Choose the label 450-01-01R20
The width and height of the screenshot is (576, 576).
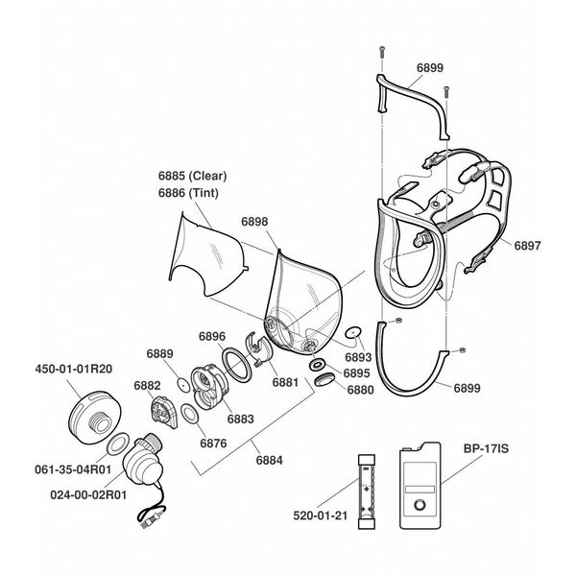[74, 368]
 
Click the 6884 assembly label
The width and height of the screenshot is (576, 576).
[270, 461]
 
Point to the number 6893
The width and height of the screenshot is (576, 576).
[358, 357]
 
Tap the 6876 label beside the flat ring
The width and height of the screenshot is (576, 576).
[213, 443]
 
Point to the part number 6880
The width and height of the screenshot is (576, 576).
[359, 390]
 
